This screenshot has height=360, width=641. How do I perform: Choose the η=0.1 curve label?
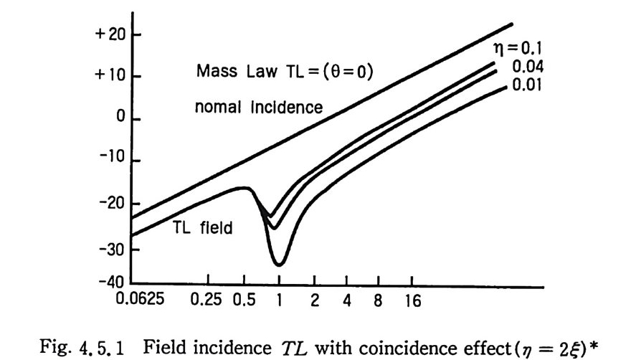pos(525,50)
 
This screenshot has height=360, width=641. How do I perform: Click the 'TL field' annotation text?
pos(196,227)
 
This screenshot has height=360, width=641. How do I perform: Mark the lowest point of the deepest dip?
pos(279,265)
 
